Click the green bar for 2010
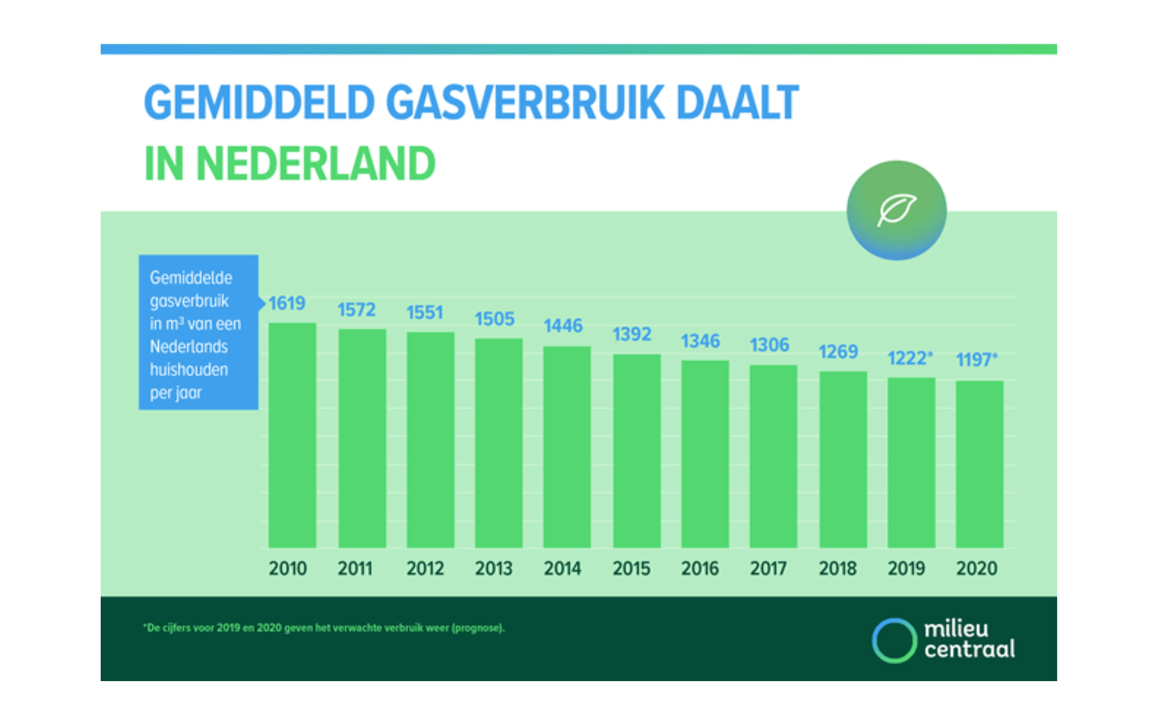292,435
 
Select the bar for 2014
567,446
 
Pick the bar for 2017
773,456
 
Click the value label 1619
286,303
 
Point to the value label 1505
494,319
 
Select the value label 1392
631,334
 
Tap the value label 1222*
909,358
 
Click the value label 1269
838,351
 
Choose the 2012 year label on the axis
425,569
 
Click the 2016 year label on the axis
700,569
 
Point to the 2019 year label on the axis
906,569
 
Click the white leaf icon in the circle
896,210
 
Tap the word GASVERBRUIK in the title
525,102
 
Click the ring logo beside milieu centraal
894,641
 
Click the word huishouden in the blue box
189,370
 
